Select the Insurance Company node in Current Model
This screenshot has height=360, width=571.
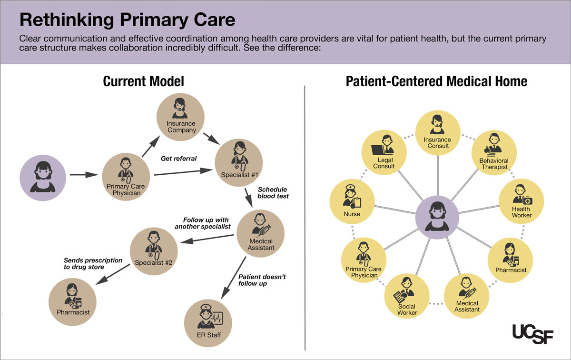[181, 116]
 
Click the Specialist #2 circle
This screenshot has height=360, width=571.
[154, 250]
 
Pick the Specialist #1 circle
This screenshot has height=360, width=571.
[239, 161]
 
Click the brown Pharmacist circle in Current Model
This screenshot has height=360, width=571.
[73, 301]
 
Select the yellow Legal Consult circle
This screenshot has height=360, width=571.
[384, 152]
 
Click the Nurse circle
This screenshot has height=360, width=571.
[352, 201]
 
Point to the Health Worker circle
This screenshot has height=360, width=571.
[521, 201]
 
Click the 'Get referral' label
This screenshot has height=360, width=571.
[178, 158]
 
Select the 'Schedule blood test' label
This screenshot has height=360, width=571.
[273, 192]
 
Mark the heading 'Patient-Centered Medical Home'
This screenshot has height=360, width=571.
[436, 81]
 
